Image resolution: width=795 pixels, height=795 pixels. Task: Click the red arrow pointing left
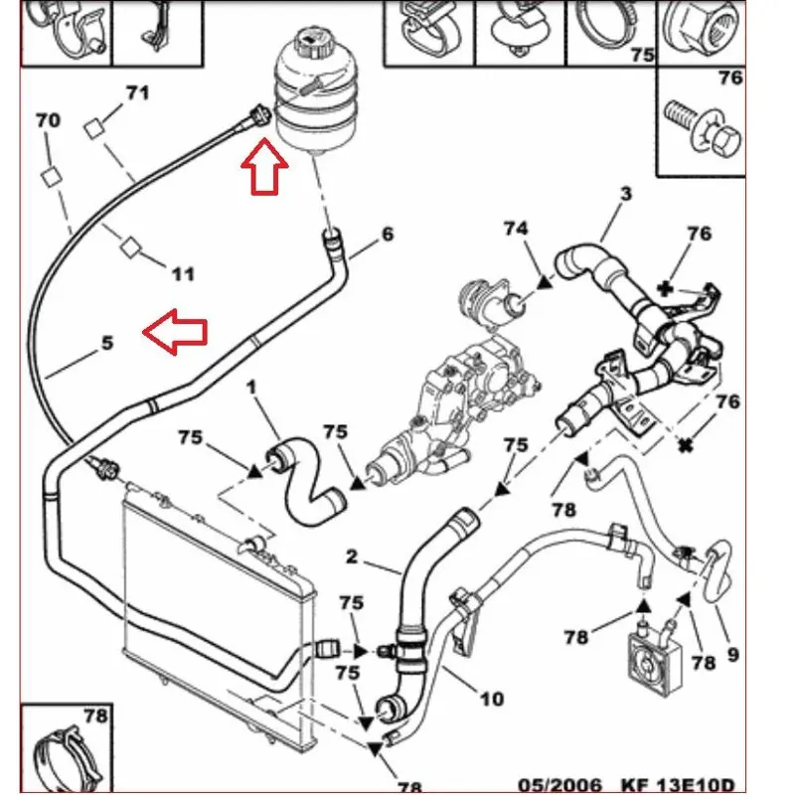coord(175,332)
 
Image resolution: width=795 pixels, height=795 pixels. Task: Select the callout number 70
coord(48,120)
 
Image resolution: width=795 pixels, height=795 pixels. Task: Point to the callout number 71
coord(137,93)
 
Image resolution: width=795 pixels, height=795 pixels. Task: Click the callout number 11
coord(184,274)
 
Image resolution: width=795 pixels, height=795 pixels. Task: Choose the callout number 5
coord(107,343)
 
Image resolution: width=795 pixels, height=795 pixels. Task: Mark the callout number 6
coord(387,234)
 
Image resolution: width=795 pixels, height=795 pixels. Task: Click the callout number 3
coord(626,193)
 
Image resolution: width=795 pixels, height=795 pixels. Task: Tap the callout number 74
coord(516,229)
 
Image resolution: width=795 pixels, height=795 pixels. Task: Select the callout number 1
coord(251,389)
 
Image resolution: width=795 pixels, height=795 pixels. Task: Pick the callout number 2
coord(352,556)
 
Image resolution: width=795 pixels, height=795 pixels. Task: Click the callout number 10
coord(491,700)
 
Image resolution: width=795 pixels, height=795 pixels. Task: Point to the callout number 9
coord(733,655)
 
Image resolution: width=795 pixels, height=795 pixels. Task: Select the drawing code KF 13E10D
coord(678,785)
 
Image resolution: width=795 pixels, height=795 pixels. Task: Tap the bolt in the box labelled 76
coord(702,127)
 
